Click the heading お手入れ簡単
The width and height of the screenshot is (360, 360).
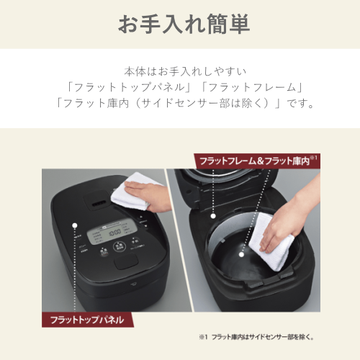tap(184, 24)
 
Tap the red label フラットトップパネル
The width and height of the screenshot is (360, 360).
tap(87, 320)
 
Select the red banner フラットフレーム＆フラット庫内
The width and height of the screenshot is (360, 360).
tap(257, 161)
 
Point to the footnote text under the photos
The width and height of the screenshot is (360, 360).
tap(256, 337)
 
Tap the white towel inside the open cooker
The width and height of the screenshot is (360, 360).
tap(271, 241)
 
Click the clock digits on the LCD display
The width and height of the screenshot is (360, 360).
tap(114, 233)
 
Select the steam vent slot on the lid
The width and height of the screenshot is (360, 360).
tap(99, 204)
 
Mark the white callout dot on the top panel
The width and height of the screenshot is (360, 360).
tap(75, 225)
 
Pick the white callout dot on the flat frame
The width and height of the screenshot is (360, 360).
tap(213, 216)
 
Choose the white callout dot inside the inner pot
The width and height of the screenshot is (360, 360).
tap(242, 254)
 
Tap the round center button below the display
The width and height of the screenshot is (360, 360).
tap(120, 247)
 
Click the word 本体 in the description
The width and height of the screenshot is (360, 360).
tap(135, 71)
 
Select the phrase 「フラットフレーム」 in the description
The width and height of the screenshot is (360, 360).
tap(251, 87)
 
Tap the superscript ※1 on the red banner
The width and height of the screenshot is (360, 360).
tap(314, 158)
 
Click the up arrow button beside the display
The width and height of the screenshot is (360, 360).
tap(141, 217)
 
